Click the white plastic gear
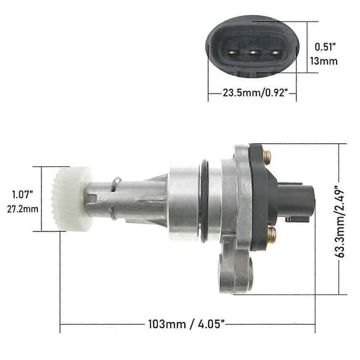coord(71,199)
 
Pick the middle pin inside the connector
coord(253,53)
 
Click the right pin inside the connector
coord(275,53)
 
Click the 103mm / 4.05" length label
coord(186,324)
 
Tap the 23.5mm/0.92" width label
coord(255,93)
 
